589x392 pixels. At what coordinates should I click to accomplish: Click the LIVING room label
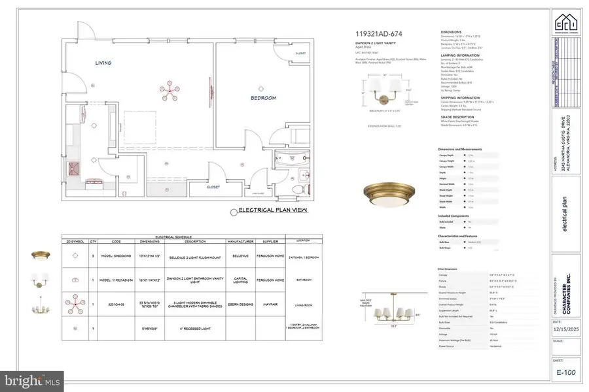(102, 63)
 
